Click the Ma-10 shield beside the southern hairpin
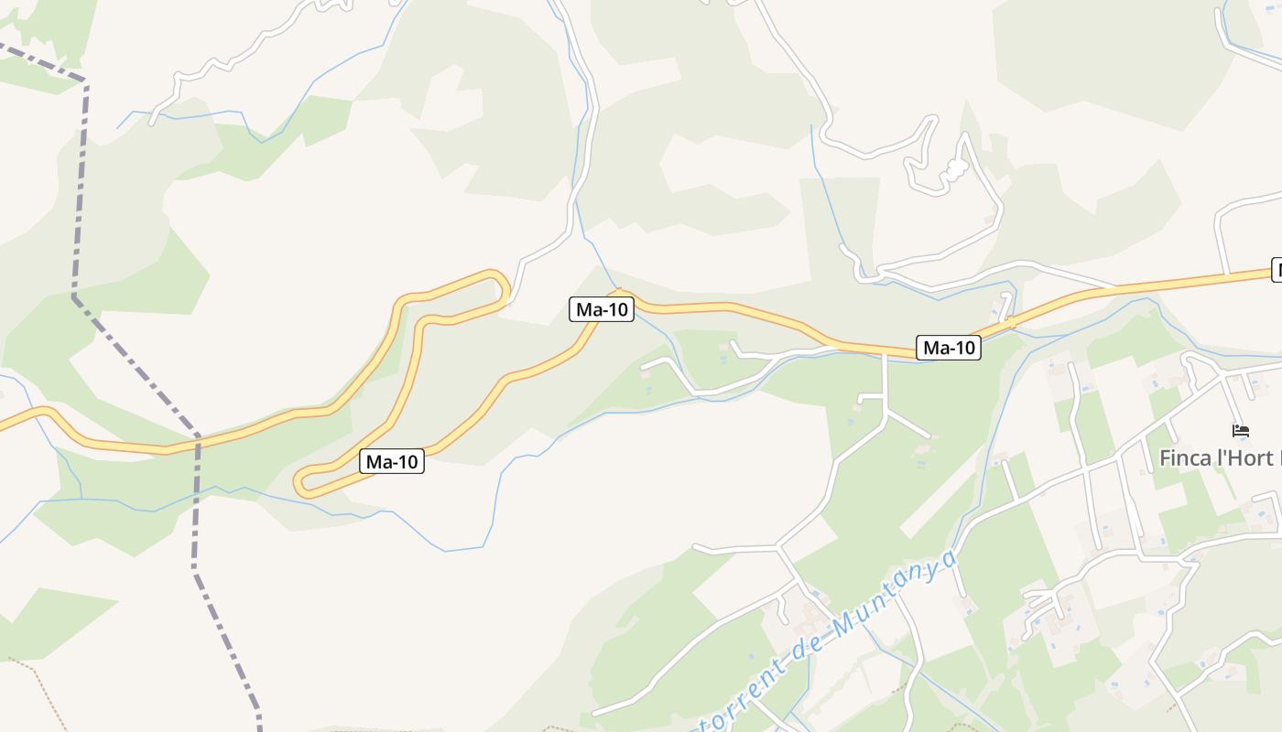click(x=393, y=462)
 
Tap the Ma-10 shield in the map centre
click(x=602, y=309)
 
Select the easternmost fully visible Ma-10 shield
click(x=949, y=348)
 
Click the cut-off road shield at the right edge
click(x=1277, y=271)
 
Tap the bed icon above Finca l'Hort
click(x=1241, y=430)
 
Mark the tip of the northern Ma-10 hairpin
click(x=501, y=285)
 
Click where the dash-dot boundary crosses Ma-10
click(x=197, y=444)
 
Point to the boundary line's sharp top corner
click(x=85, y=83)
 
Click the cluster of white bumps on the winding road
click(x=955, y=169)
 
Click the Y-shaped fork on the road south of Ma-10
click(x=885, y=412)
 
